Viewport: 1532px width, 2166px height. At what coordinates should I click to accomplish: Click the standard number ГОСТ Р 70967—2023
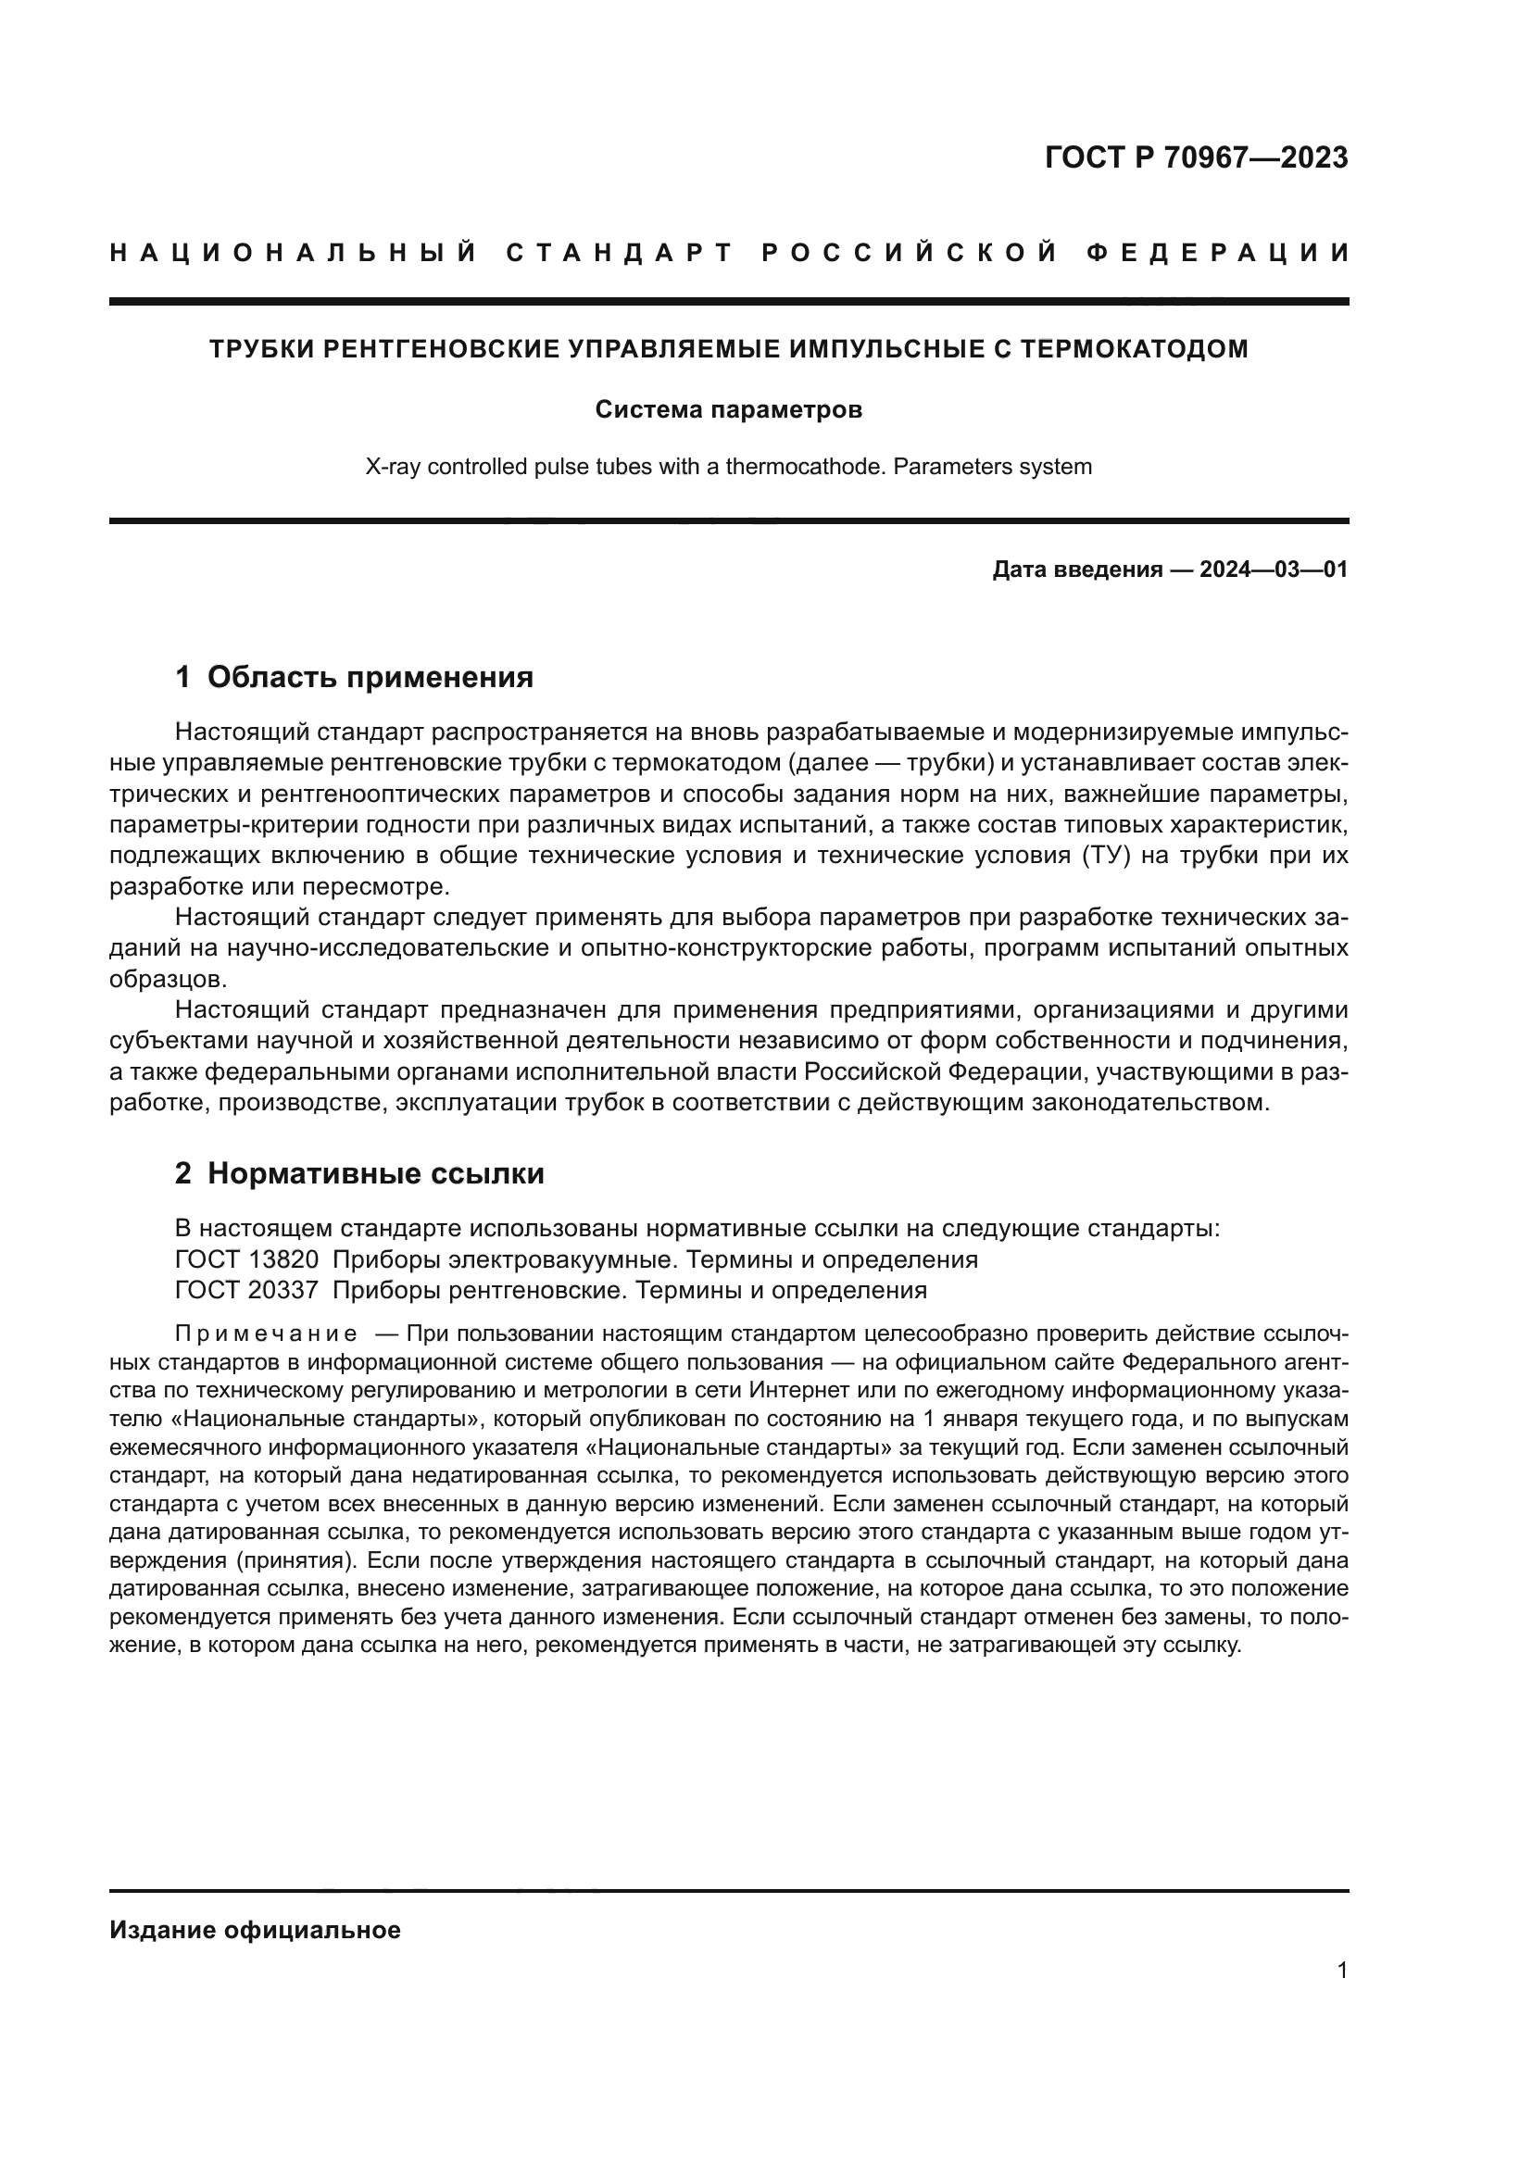pos(1196,157)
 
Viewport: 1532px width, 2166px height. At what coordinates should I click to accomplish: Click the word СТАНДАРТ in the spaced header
pos(619,253)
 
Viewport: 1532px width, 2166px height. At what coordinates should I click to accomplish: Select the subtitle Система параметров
pos(728,410)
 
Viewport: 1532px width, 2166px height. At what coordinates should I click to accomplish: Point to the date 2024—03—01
pos(1274,570)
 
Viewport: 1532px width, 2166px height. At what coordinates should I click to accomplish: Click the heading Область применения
pos(370,677)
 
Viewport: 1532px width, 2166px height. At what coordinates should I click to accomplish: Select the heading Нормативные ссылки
pos(375,1173)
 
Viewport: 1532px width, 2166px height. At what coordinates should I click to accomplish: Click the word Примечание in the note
pos(266,1333)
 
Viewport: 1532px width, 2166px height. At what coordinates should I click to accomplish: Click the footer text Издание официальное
pos(255,1930)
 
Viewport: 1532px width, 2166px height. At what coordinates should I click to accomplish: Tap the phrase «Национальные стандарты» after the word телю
pos(320,1419)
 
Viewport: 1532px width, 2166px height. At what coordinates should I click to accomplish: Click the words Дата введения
pos(1076,570)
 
